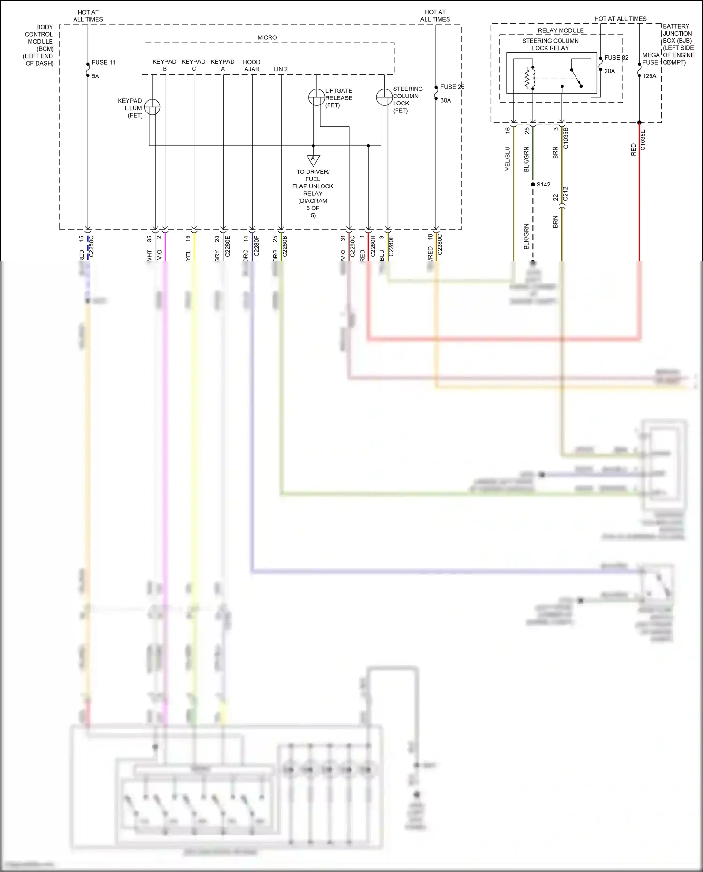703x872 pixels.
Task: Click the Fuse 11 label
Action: click(103, 62)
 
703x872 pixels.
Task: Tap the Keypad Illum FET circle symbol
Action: click(152, 107)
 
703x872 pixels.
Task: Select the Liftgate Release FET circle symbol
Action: click(316, 97)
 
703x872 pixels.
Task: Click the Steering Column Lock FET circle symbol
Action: click(384, 97)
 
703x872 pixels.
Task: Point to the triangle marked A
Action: click(313, 160)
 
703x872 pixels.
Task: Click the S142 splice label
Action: click(543, 185)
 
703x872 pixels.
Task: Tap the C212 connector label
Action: click(565, 194)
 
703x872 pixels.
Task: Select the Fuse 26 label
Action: click(452, 87)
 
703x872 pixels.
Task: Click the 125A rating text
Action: click(649, 76)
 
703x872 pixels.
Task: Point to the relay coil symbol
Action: click(530, 78)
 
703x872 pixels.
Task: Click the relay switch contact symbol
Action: click(576, 78)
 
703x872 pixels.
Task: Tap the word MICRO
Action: click(267, 37)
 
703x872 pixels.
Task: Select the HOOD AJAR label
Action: click(252, 66)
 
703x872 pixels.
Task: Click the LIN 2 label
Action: click(281, 69)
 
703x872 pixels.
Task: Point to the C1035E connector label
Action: click(643, 140)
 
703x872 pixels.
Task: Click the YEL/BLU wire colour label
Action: click(507, 158)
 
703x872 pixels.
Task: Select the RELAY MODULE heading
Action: click(561, 30)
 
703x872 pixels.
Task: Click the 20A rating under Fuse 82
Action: click(609, 71)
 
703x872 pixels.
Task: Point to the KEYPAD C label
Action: click(194, 66)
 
